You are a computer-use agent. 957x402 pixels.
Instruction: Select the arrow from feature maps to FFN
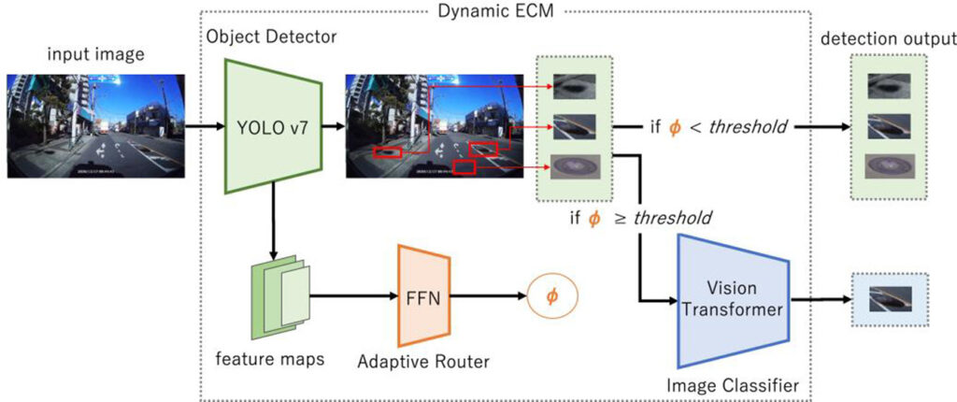pos(350,296)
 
